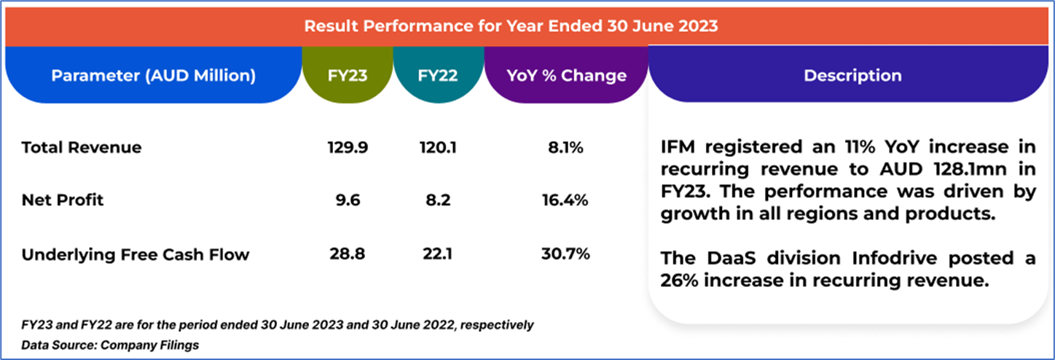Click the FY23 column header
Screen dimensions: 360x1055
click(347, 75)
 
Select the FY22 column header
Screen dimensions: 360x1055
click(438, 75)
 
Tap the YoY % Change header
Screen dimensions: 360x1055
click(565, 75)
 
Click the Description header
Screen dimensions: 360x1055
click(852, 75)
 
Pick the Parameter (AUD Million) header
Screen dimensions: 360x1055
click(153, 75)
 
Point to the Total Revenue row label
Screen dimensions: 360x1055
click(82, 148)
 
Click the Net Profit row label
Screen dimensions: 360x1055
click(63, 200)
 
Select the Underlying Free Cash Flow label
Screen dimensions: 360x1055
click(136, 254)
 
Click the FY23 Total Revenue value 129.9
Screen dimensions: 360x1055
click(348, 148)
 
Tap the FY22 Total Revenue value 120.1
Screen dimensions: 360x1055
click(438, 148)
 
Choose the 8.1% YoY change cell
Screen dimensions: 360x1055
click(565, 148)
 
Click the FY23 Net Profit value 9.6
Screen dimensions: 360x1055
click(348, 200)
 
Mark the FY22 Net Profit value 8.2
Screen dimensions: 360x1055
click(438, 200)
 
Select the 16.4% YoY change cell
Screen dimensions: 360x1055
click(565, 200)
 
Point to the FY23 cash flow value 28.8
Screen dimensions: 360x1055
click(348, 254)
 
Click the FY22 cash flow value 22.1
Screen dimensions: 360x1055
click(438, 254)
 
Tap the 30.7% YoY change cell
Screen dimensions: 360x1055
click(565, 254)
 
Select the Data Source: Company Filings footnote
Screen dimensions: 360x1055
click(110, 345)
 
